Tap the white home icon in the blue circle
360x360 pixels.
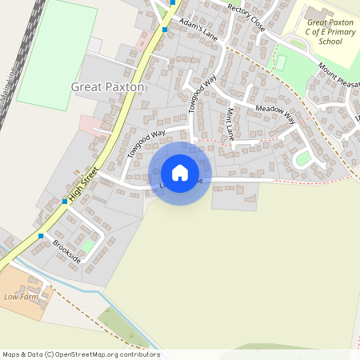click(180, 173)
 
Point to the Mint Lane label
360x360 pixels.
click(230, 124)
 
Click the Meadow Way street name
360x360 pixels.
click(275, 114)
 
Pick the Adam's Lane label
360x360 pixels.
click(198, 30)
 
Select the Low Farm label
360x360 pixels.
click(21, 297)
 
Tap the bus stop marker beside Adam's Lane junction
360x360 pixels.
click(165, 30)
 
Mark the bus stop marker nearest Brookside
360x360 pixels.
click(41, 236)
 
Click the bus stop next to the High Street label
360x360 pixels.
click(65, 202)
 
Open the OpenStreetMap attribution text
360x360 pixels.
click(80, 354)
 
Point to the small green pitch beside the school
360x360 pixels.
click(280, 62)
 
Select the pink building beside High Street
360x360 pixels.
click(90, 124)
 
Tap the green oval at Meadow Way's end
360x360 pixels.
click(302, 158)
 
